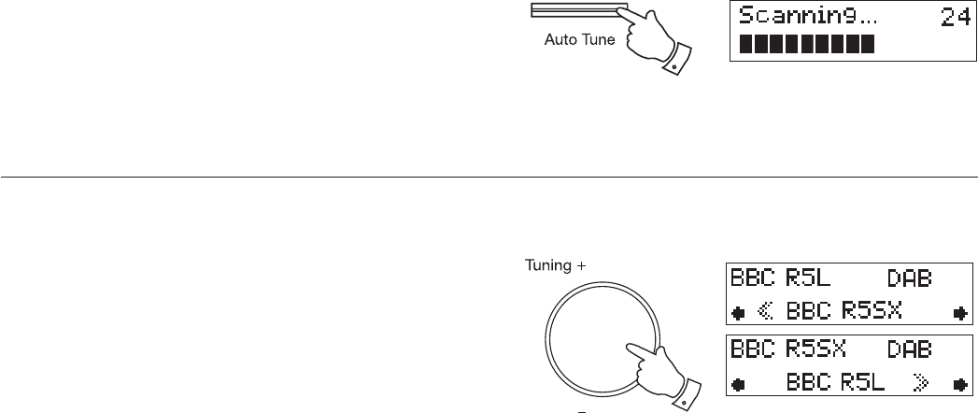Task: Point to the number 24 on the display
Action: [954, 16]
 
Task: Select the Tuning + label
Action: [556, 265]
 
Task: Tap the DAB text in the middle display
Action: [909, 278]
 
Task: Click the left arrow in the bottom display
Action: [740, 381]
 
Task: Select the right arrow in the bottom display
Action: [957, 381]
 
